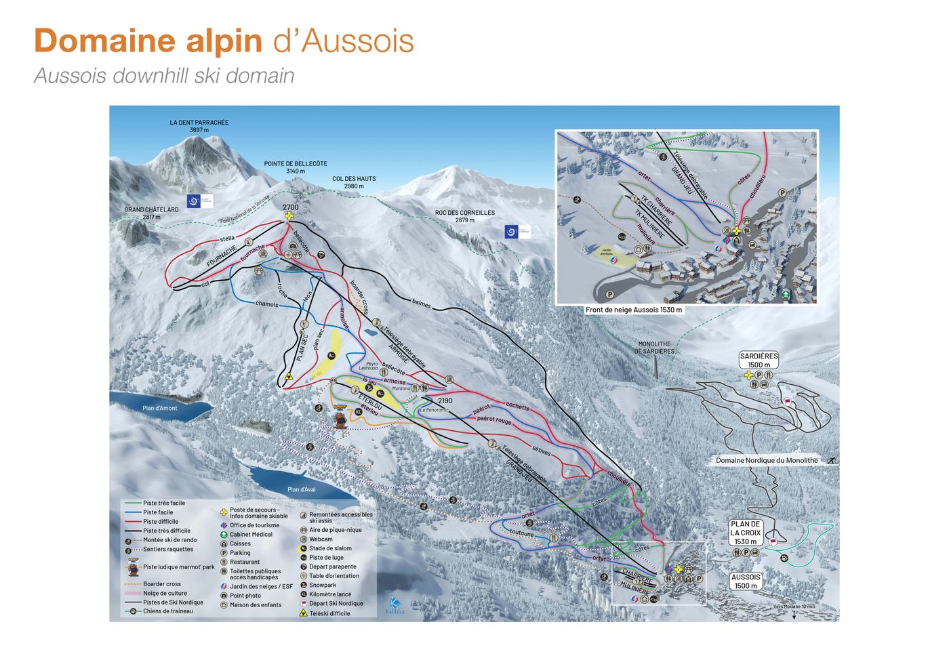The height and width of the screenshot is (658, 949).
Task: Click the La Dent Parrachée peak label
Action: [199, 126]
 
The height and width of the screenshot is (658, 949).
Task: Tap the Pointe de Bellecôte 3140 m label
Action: [296, 167]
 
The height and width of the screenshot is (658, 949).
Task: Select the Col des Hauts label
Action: [354, 182]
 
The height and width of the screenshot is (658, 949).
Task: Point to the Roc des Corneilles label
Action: [464, 216]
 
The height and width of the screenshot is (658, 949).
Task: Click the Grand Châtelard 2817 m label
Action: [151, 213]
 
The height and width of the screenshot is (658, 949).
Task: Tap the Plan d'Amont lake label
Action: [160, 408]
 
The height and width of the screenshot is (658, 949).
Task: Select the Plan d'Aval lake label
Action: [302, 489]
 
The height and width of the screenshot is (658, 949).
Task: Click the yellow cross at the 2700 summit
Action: [289, 217]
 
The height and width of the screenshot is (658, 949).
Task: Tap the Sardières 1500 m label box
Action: [759, 361]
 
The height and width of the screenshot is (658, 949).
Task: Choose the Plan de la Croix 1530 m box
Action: [745, 533]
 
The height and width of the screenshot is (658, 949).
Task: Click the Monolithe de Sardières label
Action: [654, 348]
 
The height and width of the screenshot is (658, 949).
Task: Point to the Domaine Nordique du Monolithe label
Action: [766, 460]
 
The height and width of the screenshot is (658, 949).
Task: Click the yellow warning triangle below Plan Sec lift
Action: [289, 376]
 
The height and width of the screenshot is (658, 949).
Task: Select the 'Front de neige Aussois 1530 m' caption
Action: [634, 310]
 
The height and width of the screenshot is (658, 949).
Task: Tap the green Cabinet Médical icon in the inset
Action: [785, 294]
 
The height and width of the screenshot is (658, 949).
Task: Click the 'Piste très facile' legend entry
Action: [163, 503]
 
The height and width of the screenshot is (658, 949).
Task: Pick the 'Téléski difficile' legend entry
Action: [329, 613]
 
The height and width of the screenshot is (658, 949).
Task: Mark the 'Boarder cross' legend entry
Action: [161, 583]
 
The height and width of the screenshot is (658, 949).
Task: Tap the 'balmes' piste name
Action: [421, 304]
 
